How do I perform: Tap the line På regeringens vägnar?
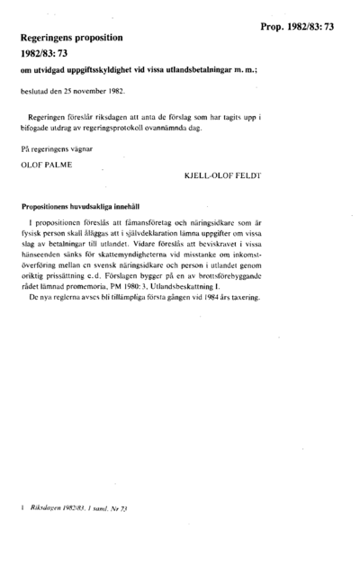pyautogui.click(x=56, y=148)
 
